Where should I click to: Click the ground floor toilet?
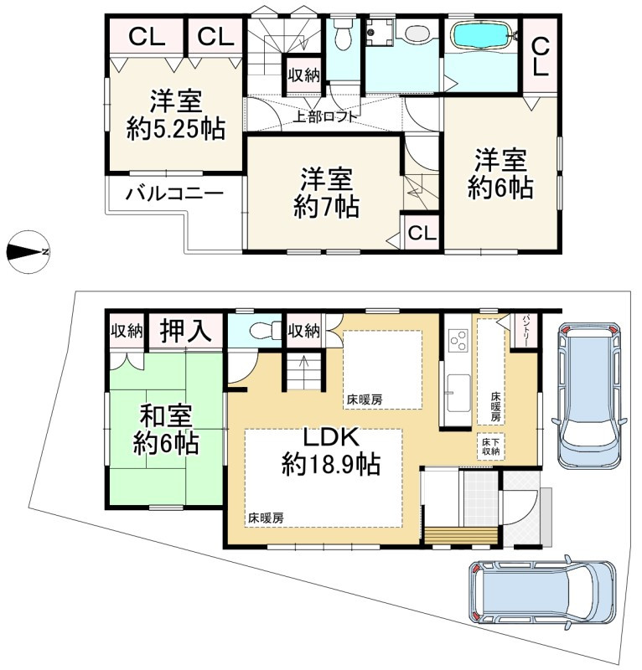[x=264, y=331]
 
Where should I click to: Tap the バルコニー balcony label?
[x=174, y=194]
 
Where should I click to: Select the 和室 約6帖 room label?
[x=166, y=429]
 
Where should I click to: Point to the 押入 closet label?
[x=185, y=330]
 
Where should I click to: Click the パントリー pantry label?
[x=526, y=331]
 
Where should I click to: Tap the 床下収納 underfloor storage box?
[x=490, y=446]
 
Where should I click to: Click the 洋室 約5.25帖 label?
[x=176, y=115]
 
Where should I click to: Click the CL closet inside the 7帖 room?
[x=422, y=234]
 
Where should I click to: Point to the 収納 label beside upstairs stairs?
[x=303, y=75]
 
